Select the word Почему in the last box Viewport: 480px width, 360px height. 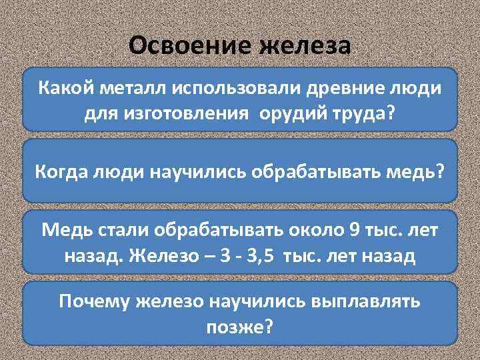(96, 301)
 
